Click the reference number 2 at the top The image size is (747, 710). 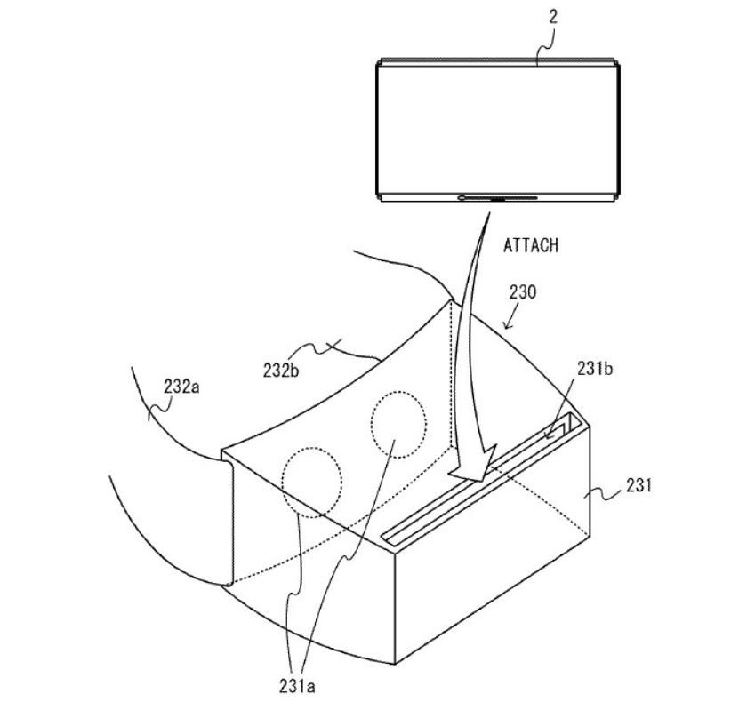point(552,17)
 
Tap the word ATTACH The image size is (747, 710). point(531,246)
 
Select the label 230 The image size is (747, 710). point(523,291)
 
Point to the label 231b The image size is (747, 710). point(595,369)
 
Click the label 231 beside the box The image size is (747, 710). point(639,485)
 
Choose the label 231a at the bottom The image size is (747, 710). point(297,686)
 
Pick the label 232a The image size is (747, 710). point(181,387)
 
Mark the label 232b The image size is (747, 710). point(281,371)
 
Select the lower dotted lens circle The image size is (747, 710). point(283,483)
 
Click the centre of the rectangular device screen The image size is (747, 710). point(497,130)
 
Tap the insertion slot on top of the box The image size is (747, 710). point(481,480)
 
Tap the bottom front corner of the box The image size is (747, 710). point(395,663)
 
